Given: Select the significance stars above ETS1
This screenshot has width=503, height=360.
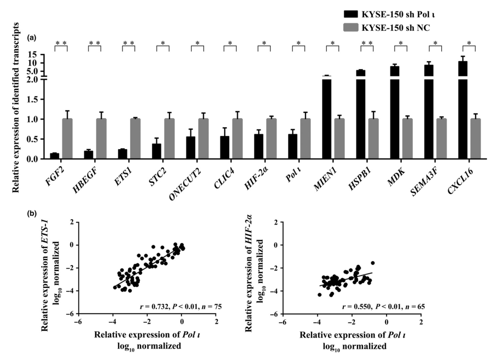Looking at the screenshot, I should coord(129,43).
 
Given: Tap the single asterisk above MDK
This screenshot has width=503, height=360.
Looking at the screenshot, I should coord(401,43).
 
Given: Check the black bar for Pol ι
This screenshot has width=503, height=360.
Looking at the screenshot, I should coord(293,146).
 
